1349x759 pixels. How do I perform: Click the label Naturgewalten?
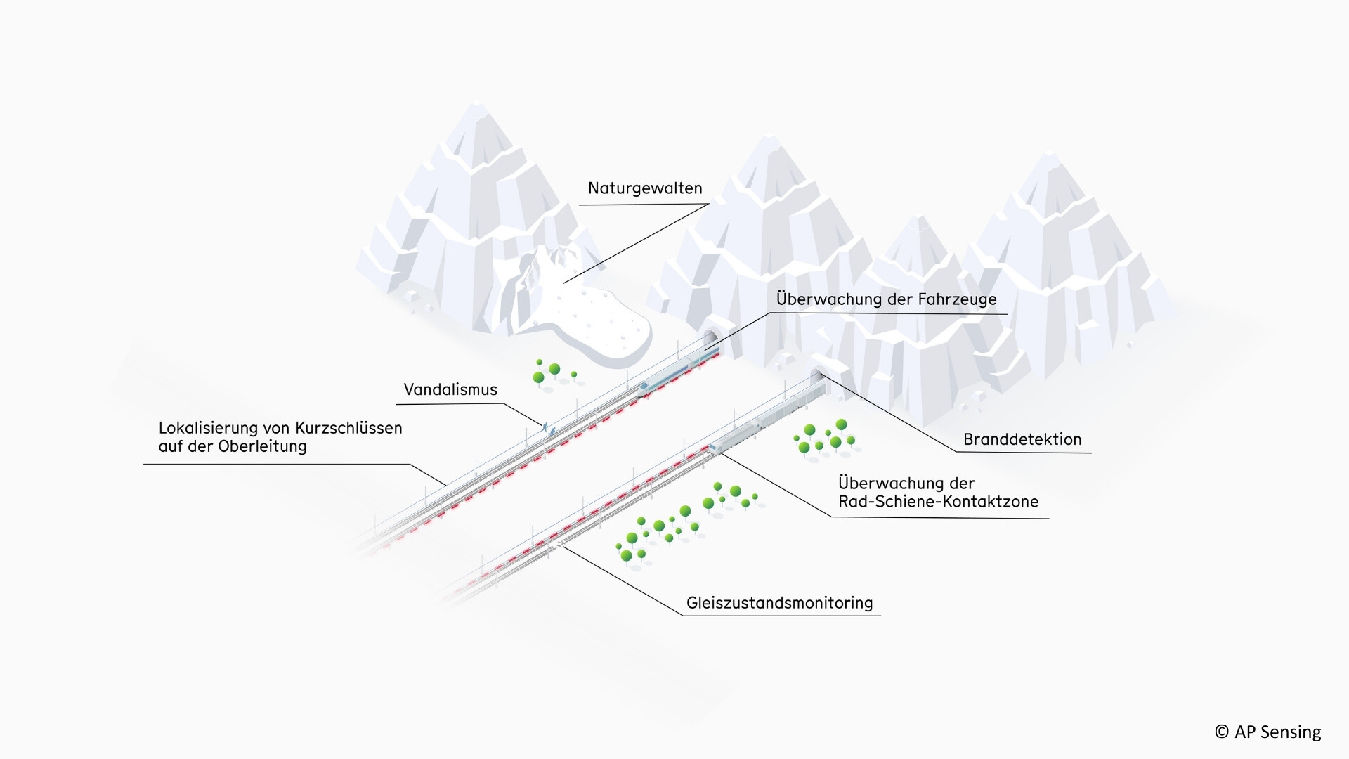coord(645,188)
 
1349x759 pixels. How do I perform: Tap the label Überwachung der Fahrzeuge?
coord(887,299)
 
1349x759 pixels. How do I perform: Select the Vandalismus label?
coord(450,389)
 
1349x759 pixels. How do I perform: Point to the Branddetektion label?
coord(1022,439)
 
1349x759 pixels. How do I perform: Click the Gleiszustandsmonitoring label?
coord(780,603)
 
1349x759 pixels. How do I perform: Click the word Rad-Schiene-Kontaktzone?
coord(938,502)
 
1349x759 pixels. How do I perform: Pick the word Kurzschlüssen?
coord(351,427)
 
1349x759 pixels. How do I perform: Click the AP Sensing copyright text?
coord(1267,732)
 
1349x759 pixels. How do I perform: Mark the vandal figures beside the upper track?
coord(547,428)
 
